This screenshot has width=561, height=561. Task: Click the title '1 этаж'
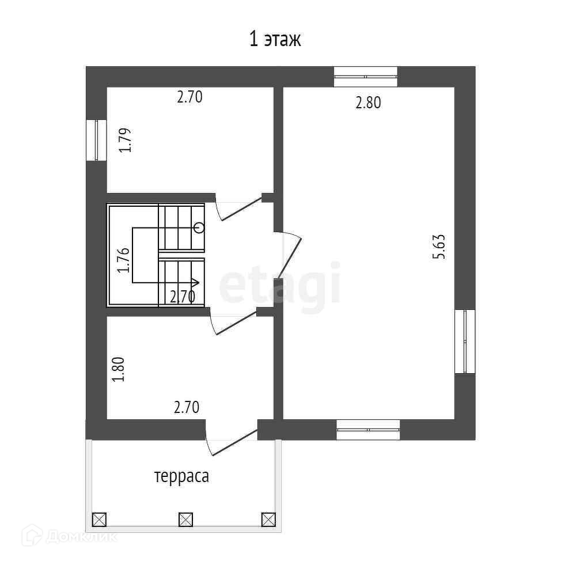[x=275, y=39]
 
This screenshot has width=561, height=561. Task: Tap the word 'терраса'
[x=182, y=476]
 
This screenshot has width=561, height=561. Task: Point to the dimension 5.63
[x=439, y=247]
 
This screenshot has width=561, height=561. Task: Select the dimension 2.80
[x=368, y=103]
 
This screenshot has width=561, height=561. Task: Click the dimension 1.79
[x=125, y=141]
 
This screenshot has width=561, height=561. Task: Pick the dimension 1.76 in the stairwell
[x=124, y=260]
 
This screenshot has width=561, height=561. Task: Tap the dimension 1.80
[x=118, y=370]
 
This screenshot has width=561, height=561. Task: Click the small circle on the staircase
[x=199, y=227]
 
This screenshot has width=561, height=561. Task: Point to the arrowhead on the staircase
[x=195, y=283]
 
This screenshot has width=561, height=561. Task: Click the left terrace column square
[x=99, y=520]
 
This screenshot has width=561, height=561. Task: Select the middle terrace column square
[x=185, y=520]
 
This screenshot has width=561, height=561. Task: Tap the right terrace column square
[x=268, y=520]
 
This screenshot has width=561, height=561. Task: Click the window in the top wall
[x=366, y=77]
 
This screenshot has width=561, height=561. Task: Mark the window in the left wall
[x=97, y=141]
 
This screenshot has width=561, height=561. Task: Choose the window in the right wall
[x=465, y=342]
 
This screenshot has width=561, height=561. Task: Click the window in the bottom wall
[x=368, y=429]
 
